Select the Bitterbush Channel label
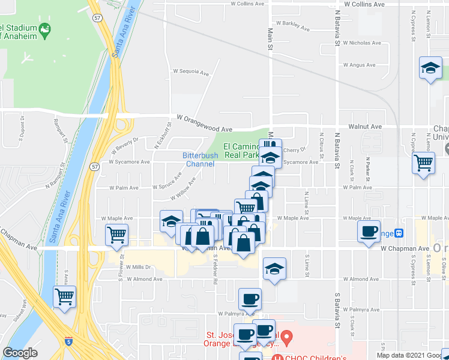click(200, 160)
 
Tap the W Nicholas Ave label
click(363, 43)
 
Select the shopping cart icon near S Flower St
click(116, 235)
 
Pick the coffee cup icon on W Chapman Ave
click(369, 232)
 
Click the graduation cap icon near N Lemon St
click(430, 69)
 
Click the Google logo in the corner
click(20, 353)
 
